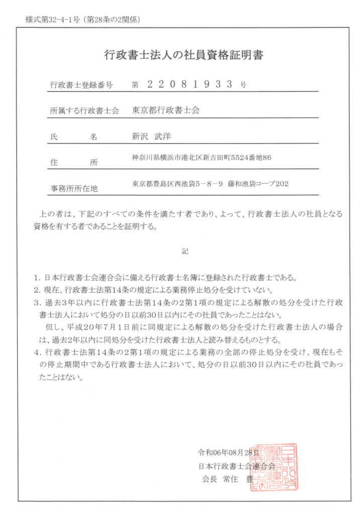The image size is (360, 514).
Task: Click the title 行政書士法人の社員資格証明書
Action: [184, 55]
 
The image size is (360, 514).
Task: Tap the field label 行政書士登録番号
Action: [81, 85]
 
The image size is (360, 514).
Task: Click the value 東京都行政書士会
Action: [166, 110]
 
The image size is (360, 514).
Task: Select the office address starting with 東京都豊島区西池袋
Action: [210, 184]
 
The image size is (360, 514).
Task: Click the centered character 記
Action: [185, 251]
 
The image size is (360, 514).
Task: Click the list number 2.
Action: [36, 290]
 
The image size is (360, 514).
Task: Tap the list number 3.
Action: [36, 303]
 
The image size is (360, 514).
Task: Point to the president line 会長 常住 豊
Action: [227, 479]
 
